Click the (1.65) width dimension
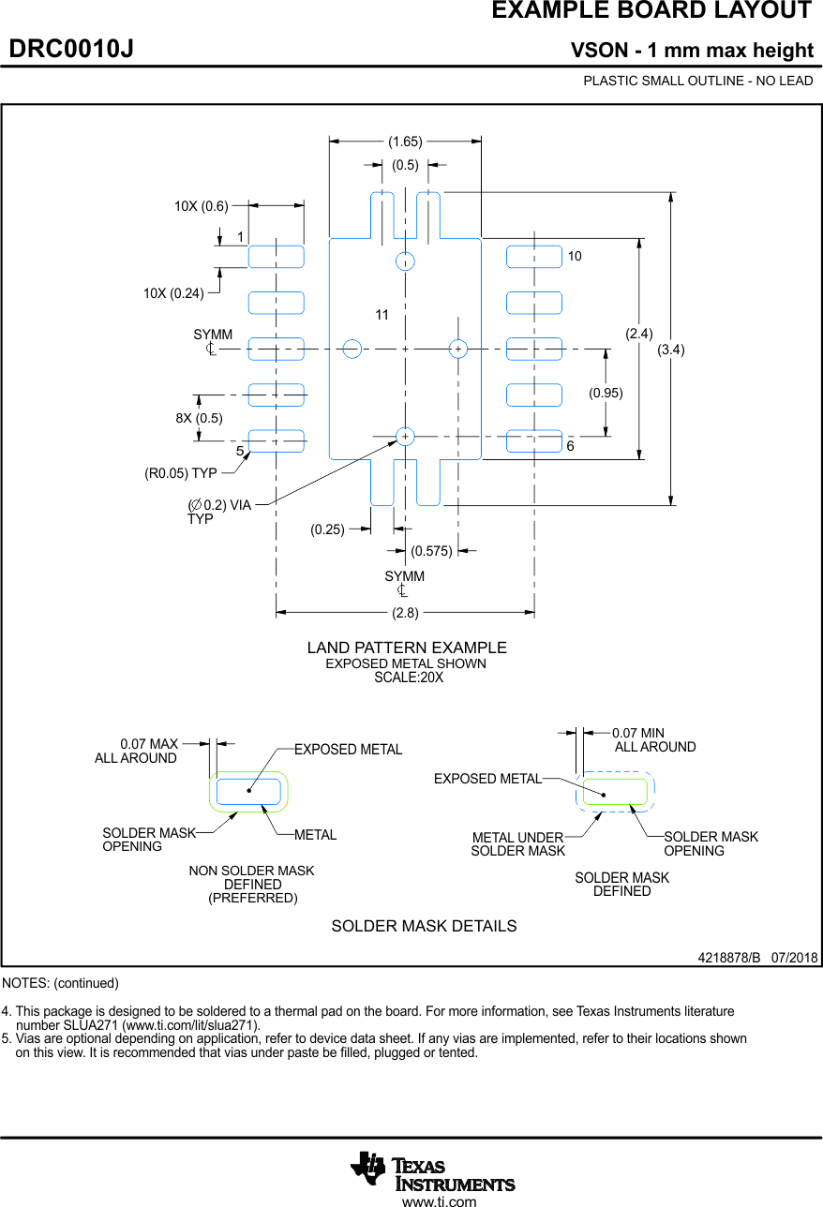405,142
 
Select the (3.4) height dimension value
670,350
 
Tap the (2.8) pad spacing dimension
405,613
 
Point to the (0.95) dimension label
606,393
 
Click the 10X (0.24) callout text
173,293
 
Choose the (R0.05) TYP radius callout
181,473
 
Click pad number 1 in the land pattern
276,256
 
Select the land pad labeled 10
534,256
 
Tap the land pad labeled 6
534,440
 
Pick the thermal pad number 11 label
382,316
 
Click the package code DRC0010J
71,50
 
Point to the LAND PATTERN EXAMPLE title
407,648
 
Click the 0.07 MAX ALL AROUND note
137,752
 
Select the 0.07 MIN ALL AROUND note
654,740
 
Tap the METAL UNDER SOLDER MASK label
518,844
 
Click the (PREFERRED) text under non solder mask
252,898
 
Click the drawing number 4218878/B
728,958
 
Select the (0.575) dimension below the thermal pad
431,551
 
